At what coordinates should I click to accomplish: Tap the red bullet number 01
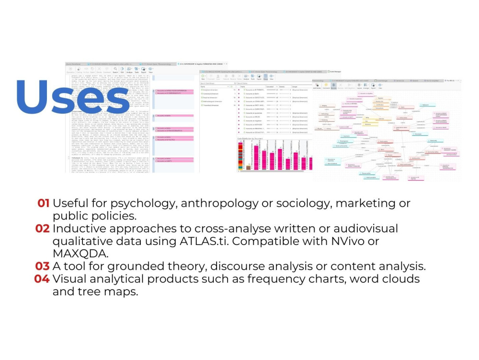(44, 203)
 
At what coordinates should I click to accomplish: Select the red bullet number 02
(42, 229)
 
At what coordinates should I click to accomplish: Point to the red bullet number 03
(42, 266)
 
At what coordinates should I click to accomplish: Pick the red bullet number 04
(42, 279)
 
